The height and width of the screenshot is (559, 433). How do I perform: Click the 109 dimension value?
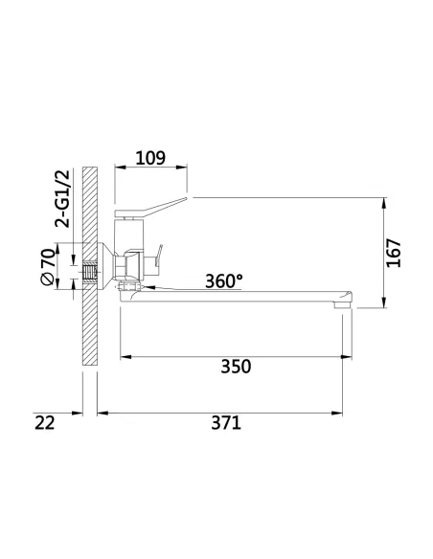click(150, 156)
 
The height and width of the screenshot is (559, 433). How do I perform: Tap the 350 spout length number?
click(235, 367)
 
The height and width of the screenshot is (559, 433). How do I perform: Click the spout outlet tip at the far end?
click(345, 302)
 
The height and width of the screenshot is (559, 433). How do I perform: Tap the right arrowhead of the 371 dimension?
click(341, 413)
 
